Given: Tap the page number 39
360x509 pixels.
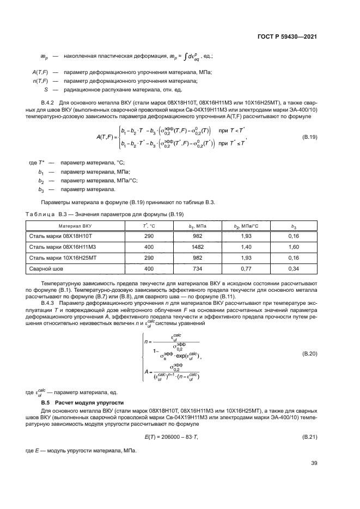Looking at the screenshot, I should [314, 463].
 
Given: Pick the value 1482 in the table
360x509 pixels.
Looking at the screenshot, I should [199, 247].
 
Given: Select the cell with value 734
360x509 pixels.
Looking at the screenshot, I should [199, 268].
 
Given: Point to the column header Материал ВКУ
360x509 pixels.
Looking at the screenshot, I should [75, 225].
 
